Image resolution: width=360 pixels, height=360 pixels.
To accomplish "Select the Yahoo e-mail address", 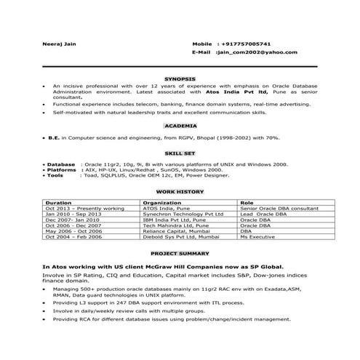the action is pos(257,52).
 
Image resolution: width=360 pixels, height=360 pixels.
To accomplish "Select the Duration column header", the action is pos(58,203).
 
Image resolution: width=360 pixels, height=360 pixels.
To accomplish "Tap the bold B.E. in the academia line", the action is pos(53,137).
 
